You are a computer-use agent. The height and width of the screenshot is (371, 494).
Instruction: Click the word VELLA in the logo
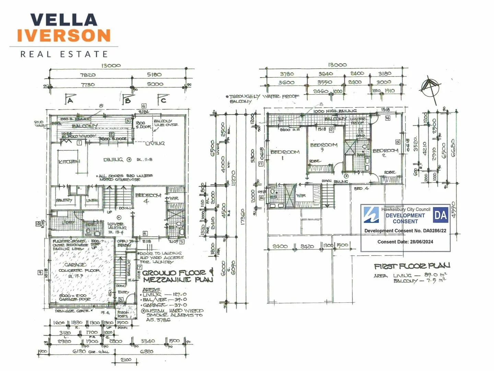(64, 20)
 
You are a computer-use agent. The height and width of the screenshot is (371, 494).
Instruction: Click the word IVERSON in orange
(64, 35)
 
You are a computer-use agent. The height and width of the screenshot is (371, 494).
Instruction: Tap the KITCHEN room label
(69, 161)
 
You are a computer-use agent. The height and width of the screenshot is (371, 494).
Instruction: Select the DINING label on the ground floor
(113, 159)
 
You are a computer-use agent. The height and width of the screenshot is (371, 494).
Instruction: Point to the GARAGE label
(75, 265)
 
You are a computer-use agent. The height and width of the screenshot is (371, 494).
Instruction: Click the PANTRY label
(64, 200)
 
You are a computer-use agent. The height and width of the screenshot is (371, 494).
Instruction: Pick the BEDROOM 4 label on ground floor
(148, 198)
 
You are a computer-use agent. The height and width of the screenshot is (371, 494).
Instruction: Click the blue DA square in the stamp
(441, 215)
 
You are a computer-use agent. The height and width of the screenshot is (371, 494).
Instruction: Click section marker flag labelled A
(69, 100)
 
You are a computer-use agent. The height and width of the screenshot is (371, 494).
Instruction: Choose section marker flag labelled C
(162, 100)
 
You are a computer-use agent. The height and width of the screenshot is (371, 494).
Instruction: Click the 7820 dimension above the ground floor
(88, 75)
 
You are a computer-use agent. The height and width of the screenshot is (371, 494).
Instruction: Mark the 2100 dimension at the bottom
(126, 359)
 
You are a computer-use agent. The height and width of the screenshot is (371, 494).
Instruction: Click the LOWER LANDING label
(117, 226)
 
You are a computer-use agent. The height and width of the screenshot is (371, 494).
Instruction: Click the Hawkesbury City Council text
(405, 209)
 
